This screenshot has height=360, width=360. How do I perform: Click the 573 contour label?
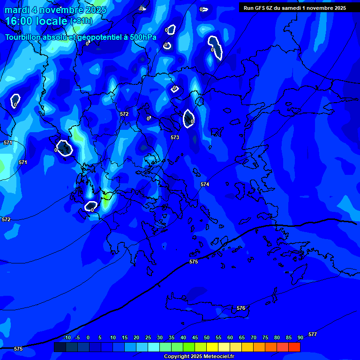pyautogui.click(x=175, y=137)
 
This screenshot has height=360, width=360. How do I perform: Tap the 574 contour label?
pyautogui.click(x=205, y=184)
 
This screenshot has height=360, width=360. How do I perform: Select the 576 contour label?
pyautogui.click(x=241, y=308)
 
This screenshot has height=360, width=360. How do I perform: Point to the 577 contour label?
pyautogui.click(x=313, y=334)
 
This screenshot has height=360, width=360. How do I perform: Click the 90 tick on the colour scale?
pyautogui.click(x=300, y=337)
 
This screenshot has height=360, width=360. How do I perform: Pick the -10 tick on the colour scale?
pyautogui.click(x=67, y=337)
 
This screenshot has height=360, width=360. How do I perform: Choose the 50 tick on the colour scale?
pyautogui.click(x=207, y=337)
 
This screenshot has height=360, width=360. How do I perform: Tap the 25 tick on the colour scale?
pyautogui.click(x=148, y=337)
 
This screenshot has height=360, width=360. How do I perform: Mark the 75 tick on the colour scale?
pyautogui.click(x=265, y=337)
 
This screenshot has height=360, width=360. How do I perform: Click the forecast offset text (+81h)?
pyautogui.click(x=81, y=21)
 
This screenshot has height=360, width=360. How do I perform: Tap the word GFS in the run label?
pyautogui.click(x=260, y=8)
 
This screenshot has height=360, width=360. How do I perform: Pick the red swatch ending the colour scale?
pyautogui.click(x=294, y=347)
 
